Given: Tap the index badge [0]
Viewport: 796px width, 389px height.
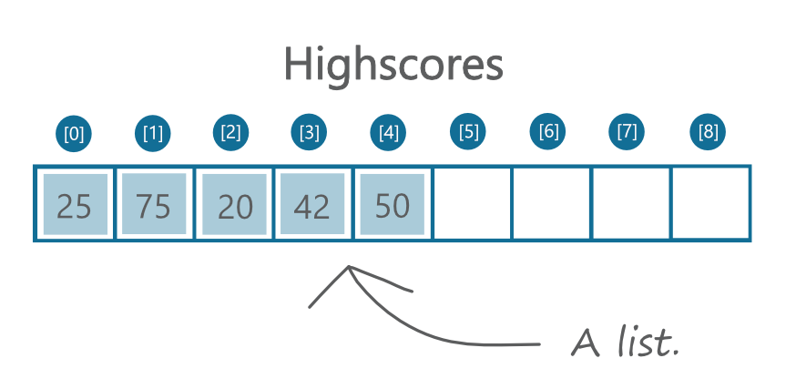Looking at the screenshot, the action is point(74,134).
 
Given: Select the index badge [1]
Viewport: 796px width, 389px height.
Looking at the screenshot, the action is point(153,134).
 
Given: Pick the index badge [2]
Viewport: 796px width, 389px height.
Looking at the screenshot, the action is point(231,133).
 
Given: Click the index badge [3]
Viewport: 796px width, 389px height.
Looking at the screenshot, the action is point(309,133).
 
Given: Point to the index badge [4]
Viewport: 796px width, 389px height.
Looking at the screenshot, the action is point(388,133).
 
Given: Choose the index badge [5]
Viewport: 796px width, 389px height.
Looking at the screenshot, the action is point(468,131).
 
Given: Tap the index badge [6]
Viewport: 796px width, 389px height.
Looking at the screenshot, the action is point(547,131).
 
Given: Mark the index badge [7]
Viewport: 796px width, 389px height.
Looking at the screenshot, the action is point(627,131).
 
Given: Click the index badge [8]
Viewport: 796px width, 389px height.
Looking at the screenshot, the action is point(708,131).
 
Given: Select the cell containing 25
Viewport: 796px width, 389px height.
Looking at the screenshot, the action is point(75,204).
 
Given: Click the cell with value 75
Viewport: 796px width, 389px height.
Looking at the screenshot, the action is point(154,204).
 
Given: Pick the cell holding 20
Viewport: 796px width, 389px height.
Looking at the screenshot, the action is point(234,204).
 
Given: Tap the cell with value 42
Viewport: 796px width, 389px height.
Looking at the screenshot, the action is point(312,204).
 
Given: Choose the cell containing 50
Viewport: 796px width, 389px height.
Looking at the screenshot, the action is point(392,204).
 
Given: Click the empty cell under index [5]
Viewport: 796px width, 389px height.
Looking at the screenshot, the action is point(472,203).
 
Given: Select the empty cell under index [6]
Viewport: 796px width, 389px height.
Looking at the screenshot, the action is point(552,203).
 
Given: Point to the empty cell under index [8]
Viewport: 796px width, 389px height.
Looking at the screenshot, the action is point(710,203).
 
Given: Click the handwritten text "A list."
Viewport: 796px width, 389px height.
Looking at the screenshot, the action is point(625,342).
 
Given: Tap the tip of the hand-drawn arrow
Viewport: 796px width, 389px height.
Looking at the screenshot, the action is point(348,266).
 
